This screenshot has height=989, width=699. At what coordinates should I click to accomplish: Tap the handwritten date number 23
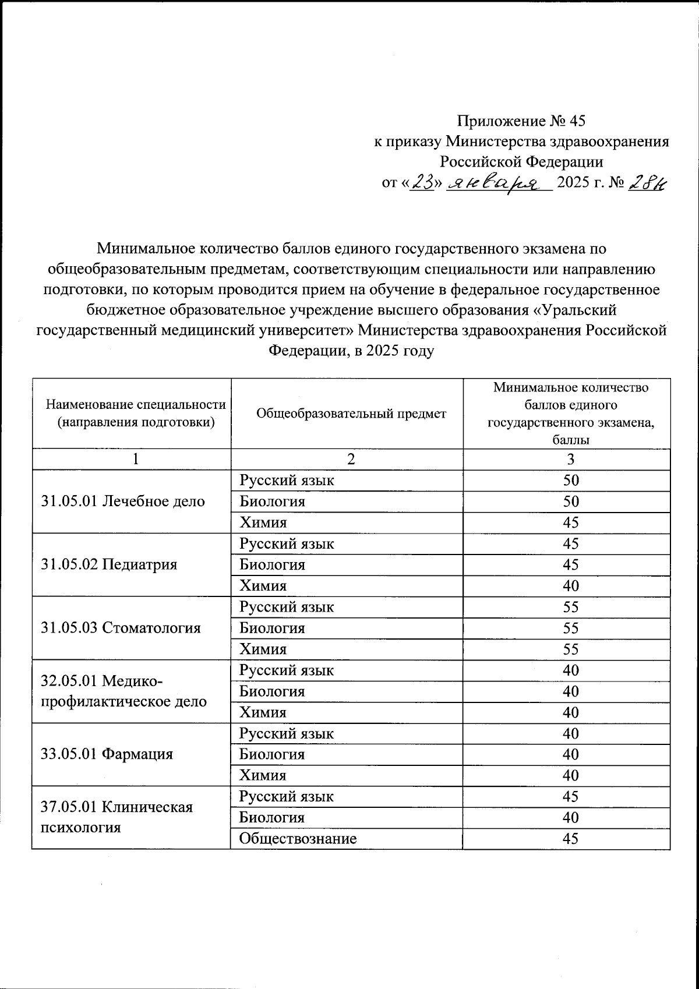(x=423, y=183)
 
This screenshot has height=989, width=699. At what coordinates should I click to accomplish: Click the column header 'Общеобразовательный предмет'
(x=351, y=414)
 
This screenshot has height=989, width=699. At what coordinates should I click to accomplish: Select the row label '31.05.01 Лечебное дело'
(x=123, y=501)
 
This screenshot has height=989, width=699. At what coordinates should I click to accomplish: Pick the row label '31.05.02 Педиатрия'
(x=110, y=564)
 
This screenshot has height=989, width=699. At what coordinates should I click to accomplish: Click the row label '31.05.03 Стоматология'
(x=121, y=628)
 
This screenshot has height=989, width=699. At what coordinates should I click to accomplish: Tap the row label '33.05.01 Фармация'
(x=107, y=754)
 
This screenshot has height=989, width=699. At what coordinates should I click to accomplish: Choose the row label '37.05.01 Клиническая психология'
(x=116, y=817)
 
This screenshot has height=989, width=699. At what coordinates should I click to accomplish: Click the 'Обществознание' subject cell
(x=298, y=839)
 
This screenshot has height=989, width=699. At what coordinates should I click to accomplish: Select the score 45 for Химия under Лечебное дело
(x=570, y=522)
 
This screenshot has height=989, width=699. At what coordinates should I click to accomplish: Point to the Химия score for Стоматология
(x=570, y=649)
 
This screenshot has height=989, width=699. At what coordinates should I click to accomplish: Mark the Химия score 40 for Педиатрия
(x=570, y=586)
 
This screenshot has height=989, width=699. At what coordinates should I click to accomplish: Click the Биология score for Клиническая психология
(x=570, y=818)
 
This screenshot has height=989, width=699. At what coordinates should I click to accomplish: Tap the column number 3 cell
(x=570, y=459)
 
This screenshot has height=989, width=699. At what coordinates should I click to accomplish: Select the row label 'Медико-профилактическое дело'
(x=123, y=691)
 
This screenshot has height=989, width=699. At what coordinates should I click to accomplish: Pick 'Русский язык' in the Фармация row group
(x=287, y=733)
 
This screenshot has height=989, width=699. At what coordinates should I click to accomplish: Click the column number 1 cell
(x=135, y=459)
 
